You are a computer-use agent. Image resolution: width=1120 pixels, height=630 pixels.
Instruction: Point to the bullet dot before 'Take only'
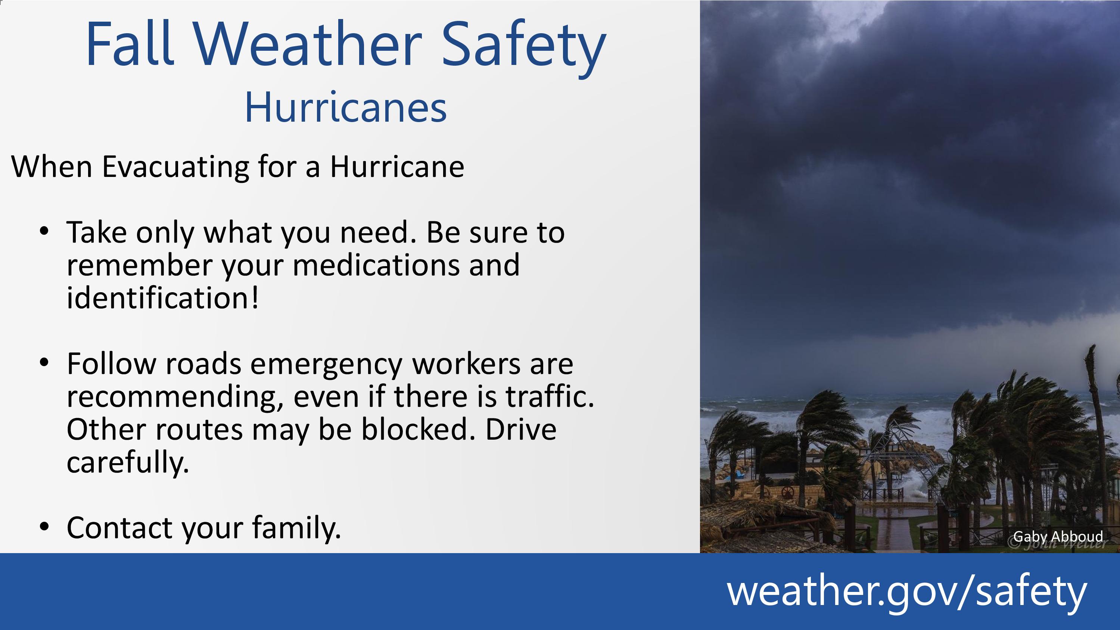[x=44, y=230]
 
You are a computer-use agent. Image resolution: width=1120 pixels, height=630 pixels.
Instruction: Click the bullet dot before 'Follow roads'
[x=44, y=362]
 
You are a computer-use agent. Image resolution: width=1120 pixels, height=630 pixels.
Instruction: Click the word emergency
[x=326, y=365]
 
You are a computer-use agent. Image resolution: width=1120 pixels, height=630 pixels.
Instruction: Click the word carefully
[x=128, y=463]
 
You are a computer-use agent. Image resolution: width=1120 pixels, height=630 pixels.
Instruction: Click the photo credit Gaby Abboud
[x=1058, y=537]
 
